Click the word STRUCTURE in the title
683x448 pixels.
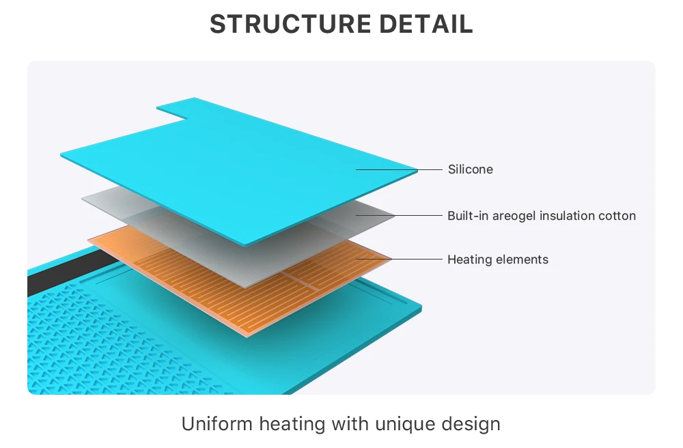(290, 23)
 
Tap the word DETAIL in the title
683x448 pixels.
(426, 23)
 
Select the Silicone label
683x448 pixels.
(471, 169)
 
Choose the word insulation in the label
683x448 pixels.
(567, 216)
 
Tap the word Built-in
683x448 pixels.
(468, 216)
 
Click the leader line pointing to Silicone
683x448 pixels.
(399, 170)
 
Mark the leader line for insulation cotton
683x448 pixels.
(399, 216)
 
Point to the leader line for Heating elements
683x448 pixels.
(399, 259)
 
